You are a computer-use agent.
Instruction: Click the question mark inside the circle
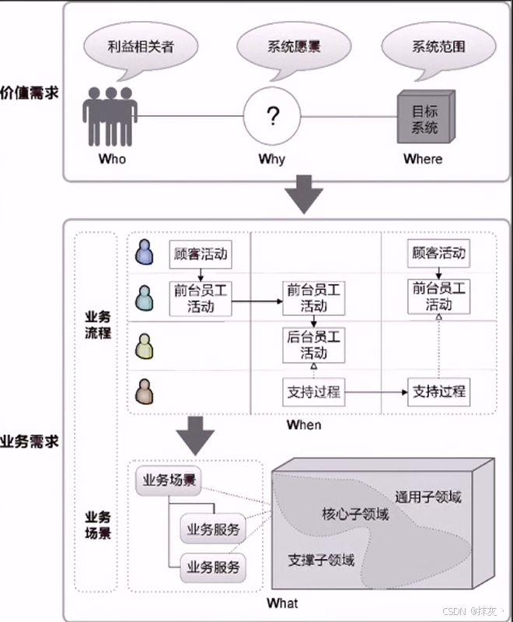[x=272, y=117]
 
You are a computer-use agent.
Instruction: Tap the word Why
[x=272, y=159]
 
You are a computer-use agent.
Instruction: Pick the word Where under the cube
[x=423, y=159]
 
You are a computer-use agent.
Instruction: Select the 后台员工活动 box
[x=314, y=345]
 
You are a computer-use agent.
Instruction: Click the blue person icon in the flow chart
[x=145, y=252]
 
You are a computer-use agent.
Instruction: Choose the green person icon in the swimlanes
[x=145, y=345]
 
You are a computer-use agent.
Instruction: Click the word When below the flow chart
[x=303, y=425]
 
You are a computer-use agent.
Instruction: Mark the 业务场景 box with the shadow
[x=168, y=480]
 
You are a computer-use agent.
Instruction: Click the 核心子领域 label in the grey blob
[x=355, y=515]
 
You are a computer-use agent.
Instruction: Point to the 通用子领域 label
[x=427, y=497]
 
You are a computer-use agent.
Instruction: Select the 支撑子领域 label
[x=321, y=561]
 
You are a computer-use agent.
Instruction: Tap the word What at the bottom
[x=282, y=603]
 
